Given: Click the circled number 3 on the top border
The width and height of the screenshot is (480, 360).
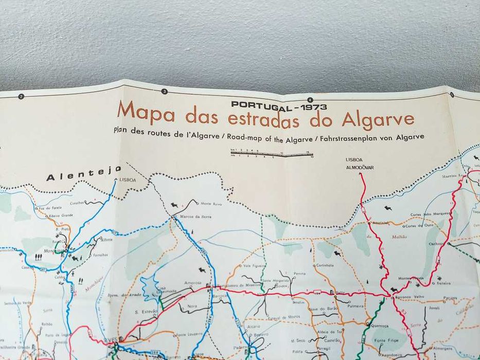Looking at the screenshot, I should tap(165, 92).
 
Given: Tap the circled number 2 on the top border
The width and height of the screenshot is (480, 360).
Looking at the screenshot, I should tap(21, 96).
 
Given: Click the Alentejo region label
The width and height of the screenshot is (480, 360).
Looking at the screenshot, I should tap(83, 175).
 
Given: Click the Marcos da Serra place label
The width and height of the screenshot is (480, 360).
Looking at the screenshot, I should tap(192, 217).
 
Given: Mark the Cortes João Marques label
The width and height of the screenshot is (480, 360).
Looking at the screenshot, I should tap(431, 214).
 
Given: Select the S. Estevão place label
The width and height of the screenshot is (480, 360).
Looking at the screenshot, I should tap(145, 312).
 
